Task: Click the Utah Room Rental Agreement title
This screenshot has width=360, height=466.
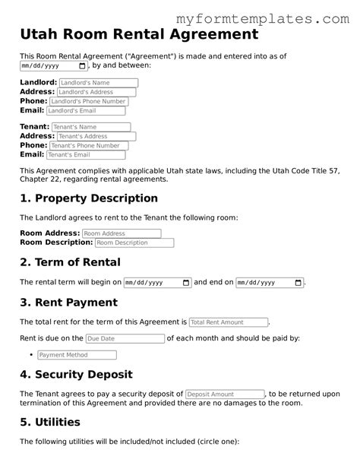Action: tap(138, 34)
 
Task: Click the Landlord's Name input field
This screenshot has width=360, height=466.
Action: tap(99, 82)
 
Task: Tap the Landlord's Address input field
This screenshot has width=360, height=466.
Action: tap(96, 92)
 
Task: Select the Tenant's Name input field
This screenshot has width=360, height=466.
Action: tap(91, 127)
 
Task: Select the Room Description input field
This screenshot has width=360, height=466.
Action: tap(134, 243)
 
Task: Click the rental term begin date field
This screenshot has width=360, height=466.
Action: tap(158, 283)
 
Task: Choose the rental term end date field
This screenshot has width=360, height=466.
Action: tap(270, 283)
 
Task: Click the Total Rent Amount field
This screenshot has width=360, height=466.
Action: tap(229, 322)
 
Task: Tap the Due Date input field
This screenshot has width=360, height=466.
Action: tap(125, 338)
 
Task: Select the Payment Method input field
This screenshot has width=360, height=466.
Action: tap(76, 355)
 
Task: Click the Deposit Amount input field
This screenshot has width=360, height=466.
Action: tap(225, 395)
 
